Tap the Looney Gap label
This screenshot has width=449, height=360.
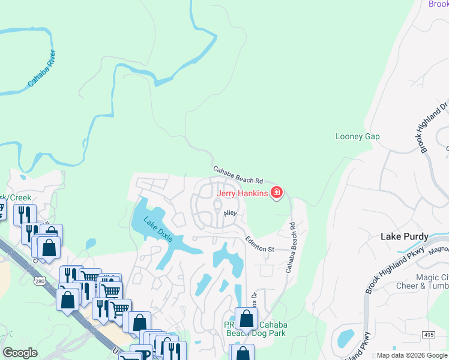357,137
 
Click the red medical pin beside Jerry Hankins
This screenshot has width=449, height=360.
277,193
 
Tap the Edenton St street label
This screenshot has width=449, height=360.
259,244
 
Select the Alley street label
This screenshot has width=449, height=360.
231,213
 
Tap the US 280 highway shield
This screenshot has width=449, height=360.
40,281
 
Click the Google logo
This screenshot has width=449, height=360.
20,353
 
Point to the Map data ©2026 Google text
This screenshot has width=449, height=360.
412,355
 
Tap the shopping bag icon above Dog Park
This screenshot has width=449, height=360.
246,319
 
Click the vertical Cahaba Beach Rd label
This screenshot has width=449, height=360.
292,248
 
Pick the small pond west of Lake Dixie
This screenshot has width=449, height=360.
90,244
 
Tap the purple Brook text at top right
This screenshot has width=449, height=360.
439,4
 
